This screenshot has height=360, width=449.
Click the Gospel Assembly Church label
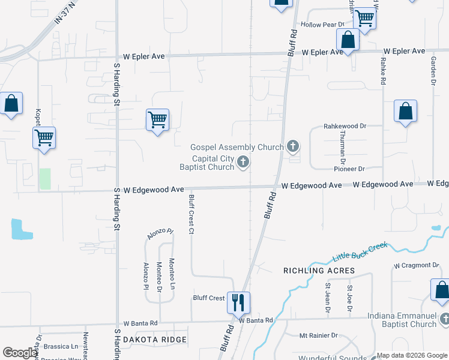click(x=237, y=147)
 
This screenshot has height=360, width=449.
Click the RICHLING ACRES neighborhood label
click(x=319, y=271)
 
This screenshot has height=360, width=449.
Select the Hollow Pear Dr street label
click(x=322, y=25)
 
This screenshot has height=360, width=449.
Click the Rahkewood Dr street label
click(x=345, y=126)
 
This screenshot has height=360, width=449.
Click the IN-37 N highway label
click(x=67, y=11)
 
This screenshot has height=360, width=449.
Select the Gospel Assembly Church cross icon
click(x=293, y=145)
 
